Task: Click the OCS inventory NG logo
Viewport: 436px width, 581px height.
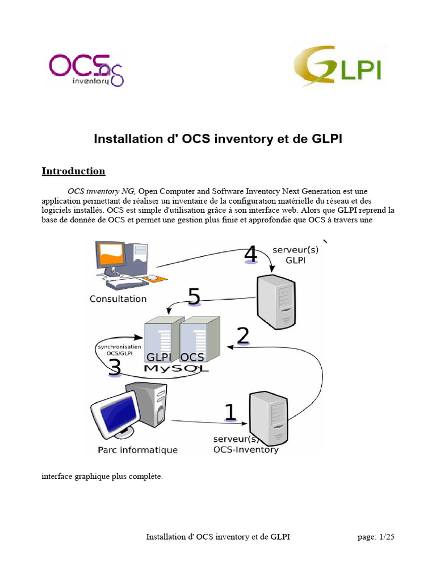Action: tap(86, 69)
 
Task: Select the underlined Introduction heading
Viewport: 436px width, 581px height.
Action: tap(73, 171)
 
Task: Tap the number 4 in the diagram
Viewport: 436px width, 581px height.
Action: tap(250, 254)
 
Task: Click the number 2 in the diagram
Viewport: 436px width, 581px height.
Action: tap(242, 336)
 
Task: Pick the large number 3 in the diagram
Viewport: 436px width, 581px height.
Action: tap(114, 366)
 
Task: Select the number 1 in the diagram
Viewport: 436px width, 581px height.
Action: tap(230, 412)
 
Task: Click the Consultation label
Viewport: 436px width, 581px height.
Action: tap(118, 299)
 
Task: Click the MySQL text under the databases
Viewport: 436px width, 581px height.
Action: tap(177, 369)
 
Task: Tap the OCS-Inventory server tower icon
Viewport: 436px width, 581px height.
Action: tap(270, 417)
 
